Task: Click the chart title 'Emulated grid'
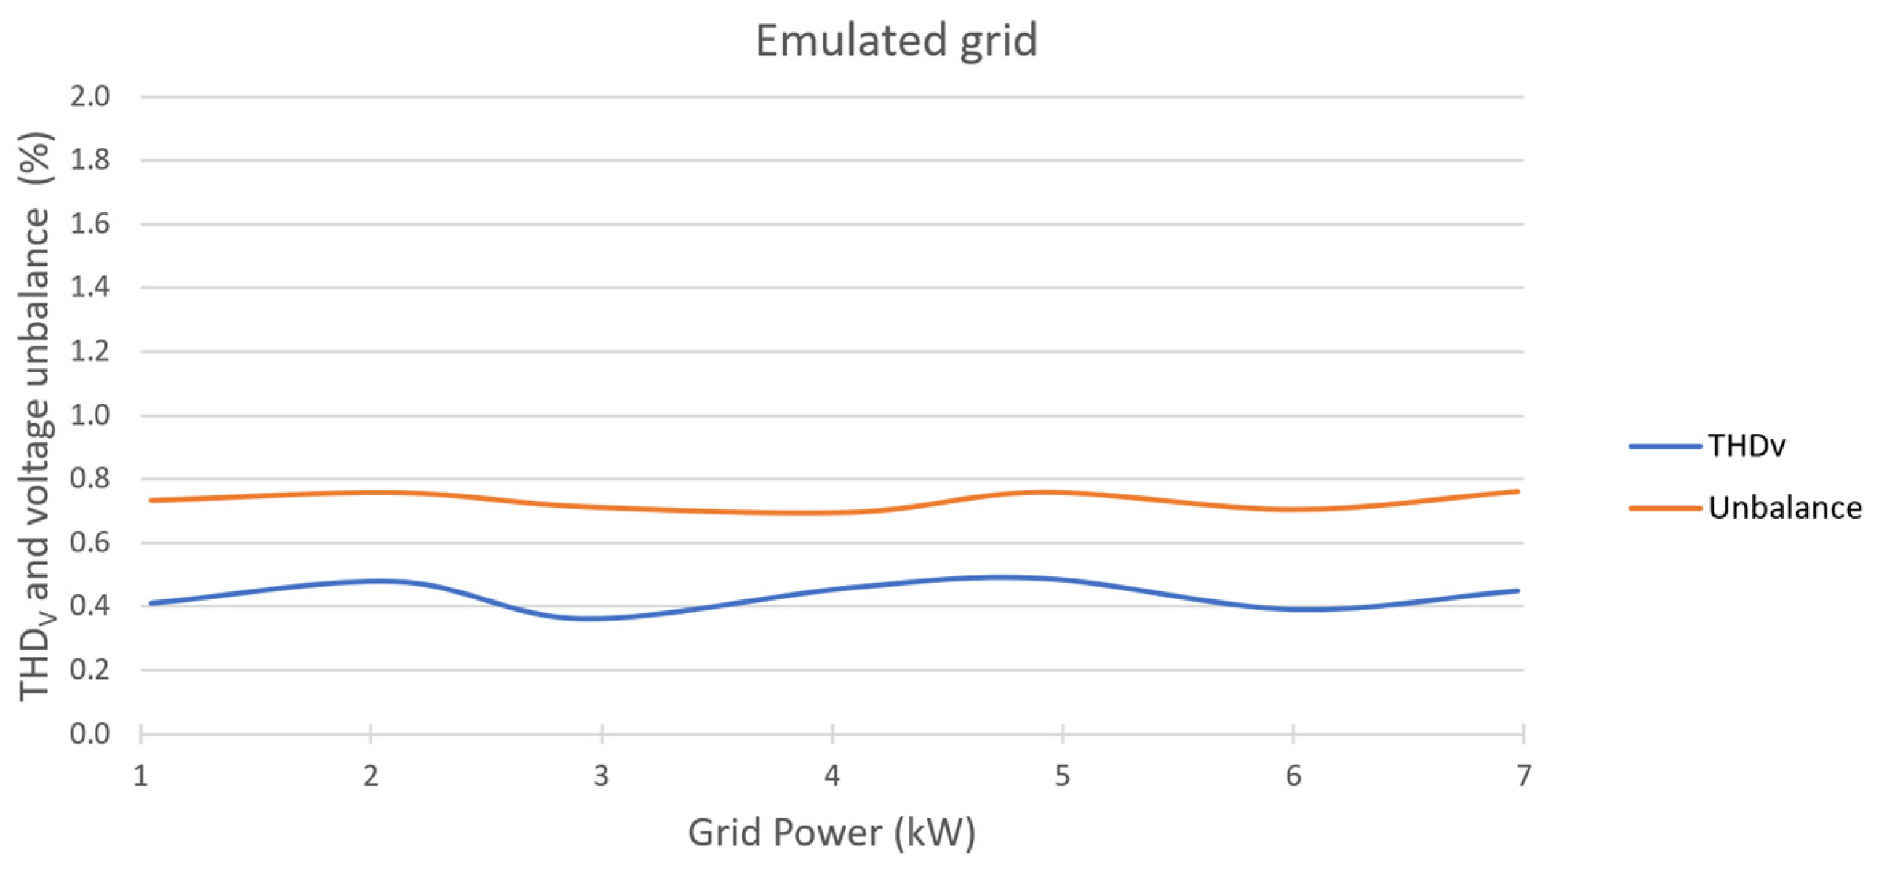coord(896,40)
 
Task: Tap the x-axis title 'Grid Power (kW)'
coord(831,833)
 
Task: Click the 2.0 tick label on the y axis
coord(90,96)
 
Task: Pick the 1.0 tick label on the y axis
coord(90,415)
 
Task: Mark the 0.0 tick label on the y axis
coord(90,733)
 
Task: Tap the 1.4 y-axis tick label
coord(90,287)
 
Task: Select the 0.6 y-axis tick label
coord(90,543)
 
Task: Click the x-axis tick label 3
coord(601,776)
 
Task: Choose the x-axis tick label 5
coord(1062,776)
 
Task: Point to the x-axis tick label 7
coord(1523,776)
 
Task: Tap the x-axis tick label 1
coord(140,776)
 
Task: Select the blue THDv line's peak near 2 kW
coord(380,581)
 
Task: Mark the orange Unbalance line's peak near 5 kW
coord(1046,492)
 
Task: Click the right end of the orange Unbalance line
coord(1517,491)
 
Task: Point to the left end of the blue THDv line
coord(151,603)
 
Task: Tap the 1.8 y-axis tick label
coord(90,159)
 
